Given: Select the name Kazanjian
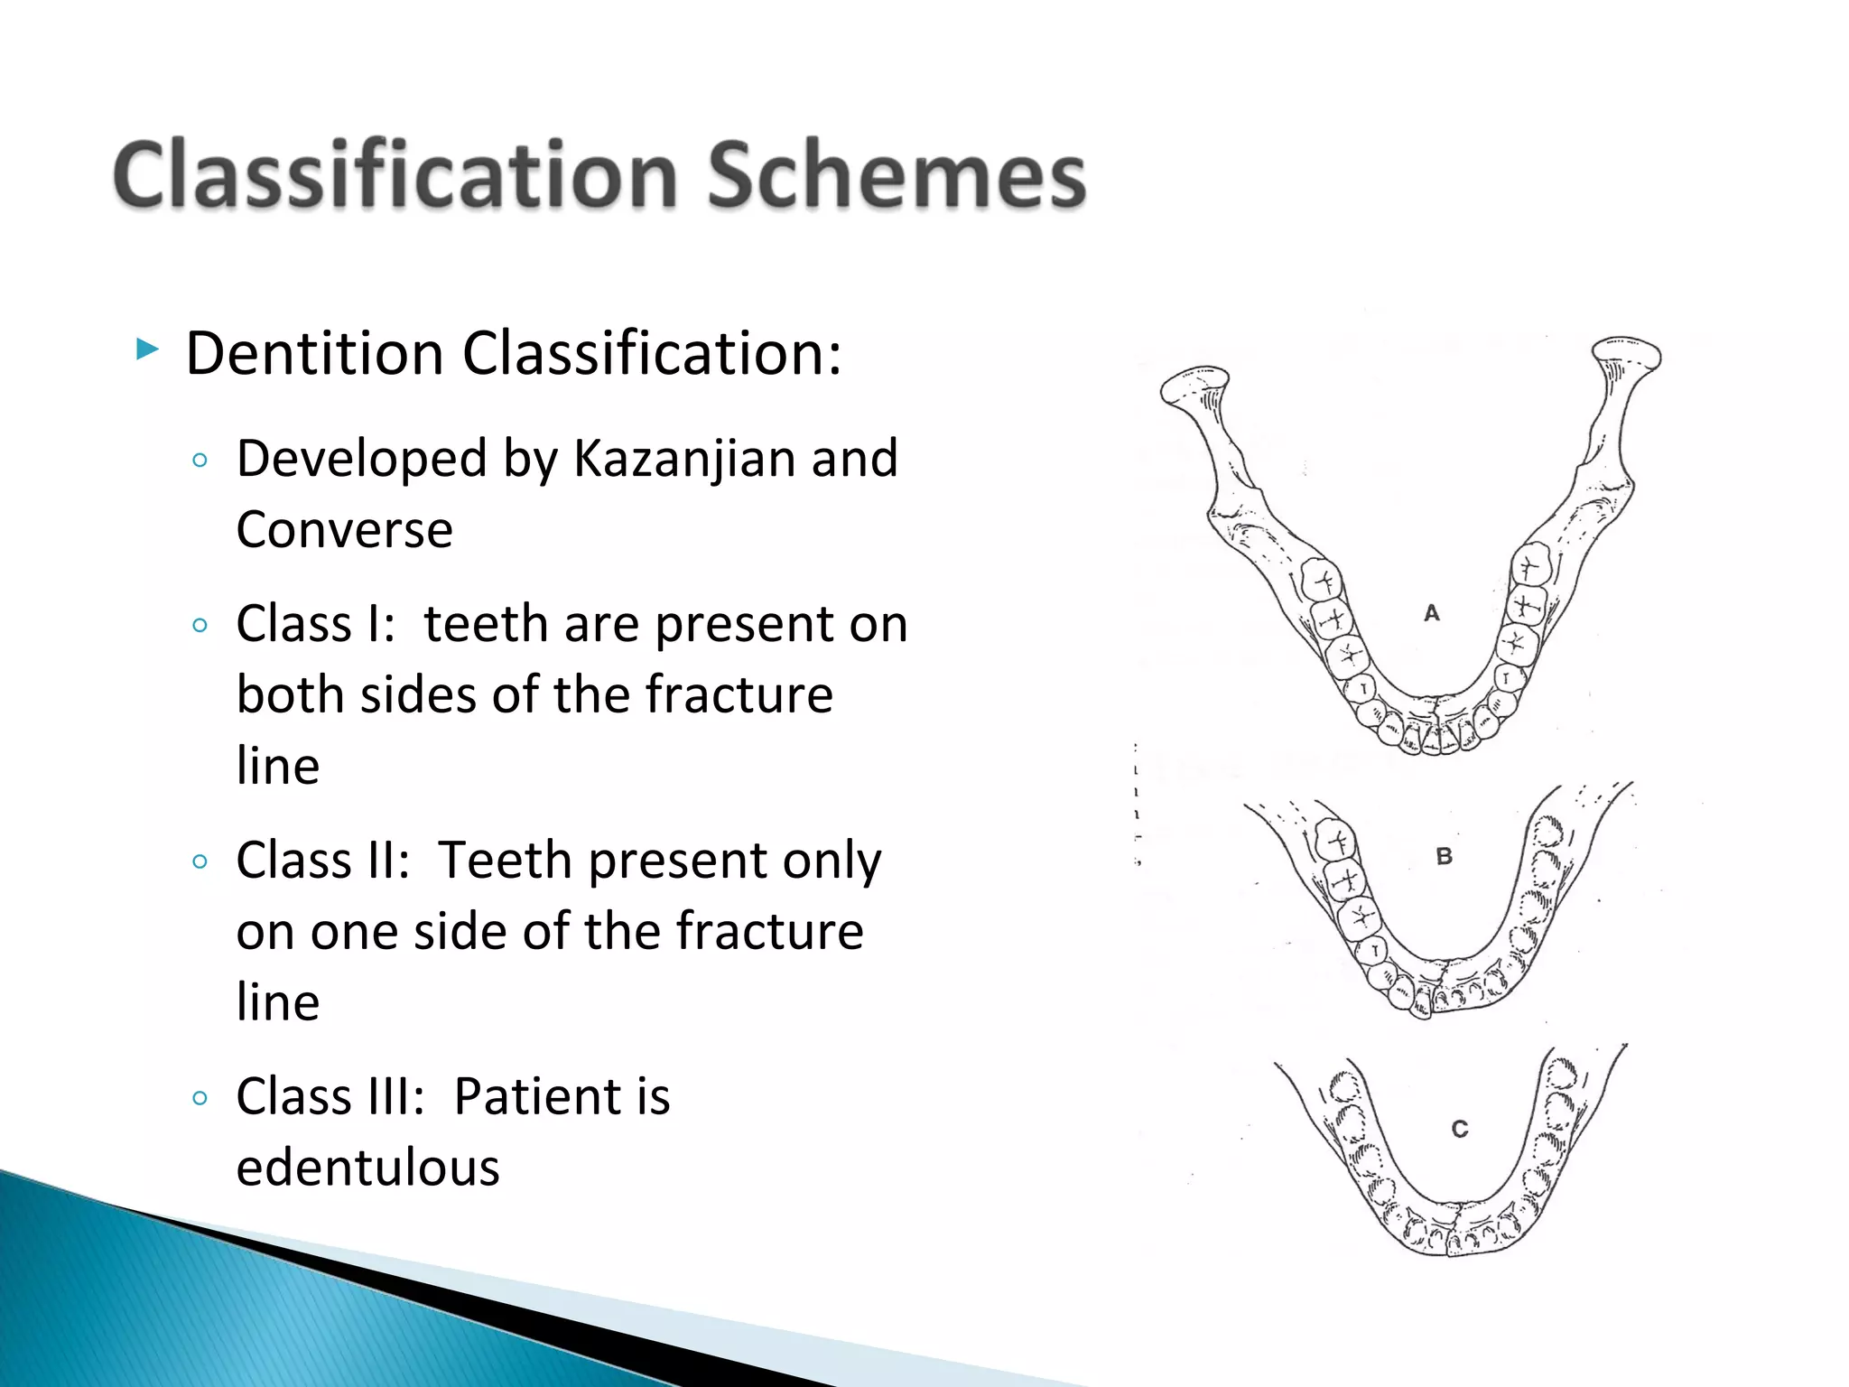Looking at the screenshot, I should [x=685, y=459].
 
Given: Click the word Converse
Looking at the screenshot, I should [x=344, y=530].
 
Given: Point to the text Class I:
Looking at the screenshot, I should [x=315, y=624].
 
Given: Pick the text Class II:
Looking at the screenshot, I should [x=322, y=860].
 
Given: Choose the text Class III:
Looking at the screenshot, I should [x=330, y=1096].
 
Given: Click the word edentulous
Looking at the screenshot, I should [x=367, y=1168].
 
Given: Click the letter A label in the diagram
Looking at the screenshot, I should [x=1432, y=613].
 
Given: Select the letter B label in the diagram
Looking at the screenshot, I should [x=1444, y=856].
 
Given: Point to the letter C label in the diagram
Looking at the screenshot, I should [x=1460, y=1129].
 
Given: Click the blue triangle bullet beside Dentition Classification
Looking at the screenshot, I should [x=147, y=349].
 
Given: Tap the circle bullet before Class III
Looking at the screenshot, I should [x=200, y=1098].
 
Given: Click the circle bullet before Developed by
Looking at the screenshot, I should [x=200, y=461].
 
